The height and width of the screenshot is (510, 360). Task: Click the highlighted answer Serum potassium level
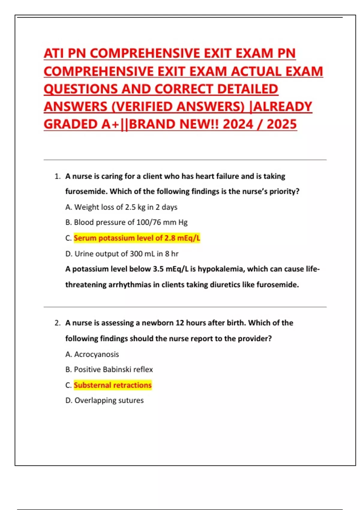tap(137, 238)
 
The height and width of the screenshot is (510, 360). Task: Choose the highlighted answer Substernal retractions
tap(113, 385)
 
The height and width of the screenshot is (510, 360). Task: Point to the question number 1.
tap(57, 176)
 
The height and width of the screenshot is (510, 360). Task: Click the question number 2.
tap(57, 323)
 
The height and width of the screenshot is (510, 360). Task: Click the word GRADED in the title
tap(70, 124)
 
